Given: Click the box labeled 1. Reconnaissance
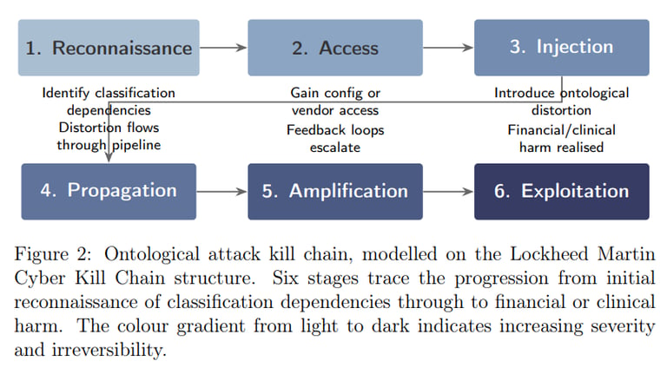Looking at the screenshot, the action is [x=109, y=48].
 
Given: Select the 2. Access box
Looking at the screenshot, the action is [x=335, y=48].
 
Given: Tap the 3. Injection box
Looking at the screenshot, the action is [x=562, y=48].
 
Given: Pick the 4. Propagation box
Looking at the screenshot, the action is [x=109, y=192].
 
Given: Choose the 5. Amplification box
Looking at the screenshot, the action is [x=335, y=192].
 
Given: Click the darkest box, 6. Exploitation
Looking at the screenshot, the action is [x=562, y=192].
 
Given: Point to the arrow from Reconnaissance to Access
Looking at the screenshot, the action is [x=223, y=48].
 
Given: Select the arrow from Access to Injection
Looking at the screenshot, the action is [x=448, y=48].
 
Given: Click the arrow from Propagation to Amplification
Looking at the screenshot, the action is [x=222, y=192].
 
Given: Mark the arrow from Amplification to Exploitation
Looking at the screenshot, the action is [x=448, y=192].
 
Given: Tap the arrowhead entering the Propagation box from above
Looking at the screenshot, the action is [x=109, y=158].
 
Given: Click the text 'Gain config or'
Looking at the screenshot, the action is [x=335, y=93].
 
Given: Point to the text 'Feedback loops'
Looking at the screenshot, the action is [x=335, y=130].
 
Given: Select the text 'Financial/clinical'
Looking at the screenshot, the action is [x=562, y=130].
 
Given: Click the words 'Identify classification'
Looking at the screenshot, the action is [x=109, y=93].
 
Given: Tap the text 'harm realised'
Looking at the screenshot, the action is [x=562, y=148].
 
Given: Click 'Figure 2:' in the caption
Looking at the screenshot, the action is [x=53, y=254].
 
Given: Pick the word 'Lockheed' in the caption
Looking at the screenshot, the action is [x=549, y=254].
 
